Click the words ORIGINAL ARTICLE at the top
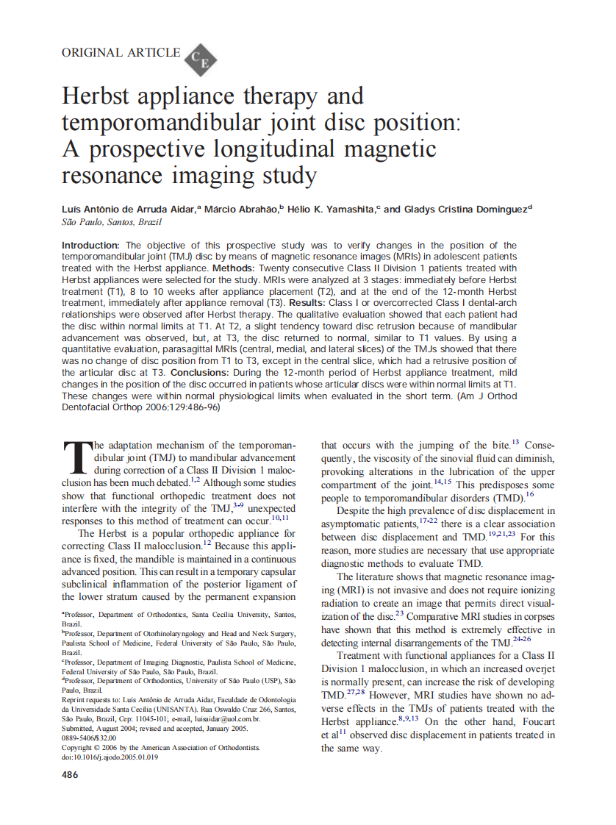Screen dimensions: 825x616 click(121, 52)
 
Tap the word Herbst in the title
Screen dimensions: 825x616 click(100, 96)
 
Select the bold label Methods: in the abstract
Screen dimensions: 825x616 click(233, 268)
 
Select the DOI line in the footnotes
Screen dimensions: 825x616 click(110, 757)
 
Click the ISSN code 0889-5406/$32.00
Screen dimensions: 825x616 click(89, 737)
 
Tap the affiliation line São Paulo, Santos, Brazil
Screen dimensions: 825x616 click(111, 222)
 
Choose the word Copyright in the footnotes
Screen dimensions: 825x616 click(79, 747)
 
